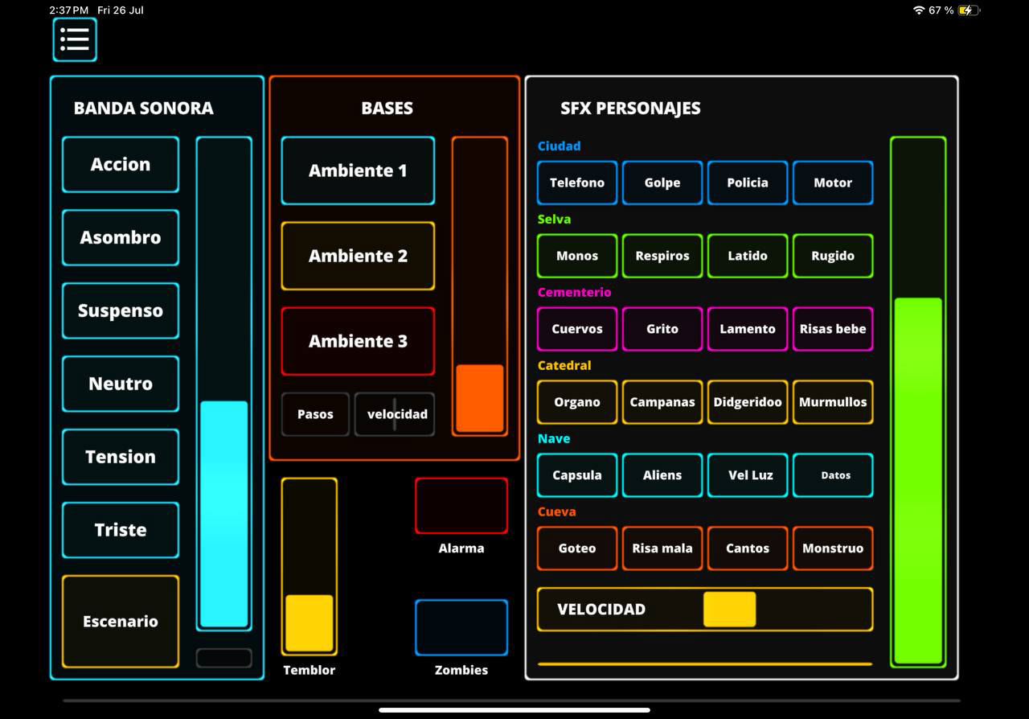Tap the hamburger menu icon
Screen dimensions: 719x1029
(75, 39)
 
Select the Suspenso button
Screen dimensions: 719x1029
(121, 310)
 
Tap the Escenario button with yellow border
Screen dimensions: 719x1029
(121, 621)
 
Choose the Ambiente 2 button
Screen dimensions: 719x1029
(358, 256)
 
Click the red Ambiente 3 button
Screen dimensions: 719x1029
(358, 341)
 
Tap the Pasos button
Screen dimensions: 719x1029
(315, 414)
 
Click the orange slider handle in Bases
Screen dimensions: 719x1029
(480, 398)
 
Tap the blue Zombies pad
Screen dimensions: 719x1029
(461, 627)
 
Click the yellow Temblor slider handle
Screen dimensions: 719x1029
(310, 622)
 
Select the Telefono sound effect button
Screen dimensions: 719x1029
(577, 183)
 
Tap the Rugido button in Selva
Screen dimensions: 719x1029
(833, 256)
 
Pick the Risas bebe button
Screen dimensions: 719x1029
(833, 329)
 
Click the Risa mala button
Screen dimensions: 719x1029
(662, 548)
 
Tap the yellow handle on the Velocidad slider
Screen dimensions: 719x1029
(729, 609)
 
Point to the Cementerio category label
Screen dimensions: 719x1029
(574, 292)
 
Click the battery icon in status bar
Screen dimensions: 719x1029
(968, 10)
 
